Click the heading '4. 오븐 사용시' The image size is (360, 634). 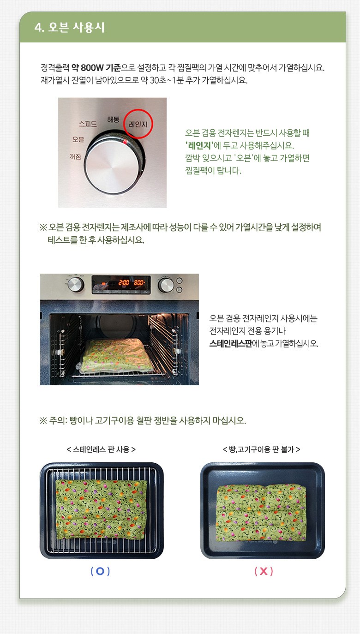tap(69, 27)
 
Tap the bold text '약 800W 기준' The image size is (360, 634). tap(96, 68)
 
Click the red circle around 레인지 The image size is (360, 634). tap(138, 124)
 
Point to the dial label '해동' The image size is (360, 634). tap(113, 120)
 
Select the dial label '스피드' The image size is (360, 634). tap(88, 124)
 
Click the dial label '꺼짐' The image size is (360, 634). tap(75, 156)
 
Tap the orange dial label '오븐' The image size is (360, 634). tap(78, 139)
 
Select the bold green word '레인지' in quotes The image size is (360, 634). tap(199, 145)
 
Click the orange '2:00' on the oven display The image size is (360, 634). tap(124, 282)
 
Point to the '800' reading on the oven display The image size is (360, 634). tap(139, 282)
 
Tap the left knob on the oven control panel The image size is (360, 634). tap(76, 284)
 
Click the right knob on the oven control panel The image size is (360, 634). tap(166, 285)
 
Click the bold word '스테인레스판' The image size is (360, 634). tap(230, 343)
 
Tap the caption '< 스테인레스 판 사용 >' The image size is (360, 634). tap(101, 449)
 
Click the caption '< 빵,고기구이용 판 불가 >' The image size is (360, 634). tap(262, 449)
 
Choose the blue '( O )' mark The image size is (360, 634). tap(100, 571)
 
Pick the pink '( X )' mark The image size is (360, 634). tap(264, 571)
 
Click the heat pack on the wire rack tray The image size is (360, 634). tap(102, 509)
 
